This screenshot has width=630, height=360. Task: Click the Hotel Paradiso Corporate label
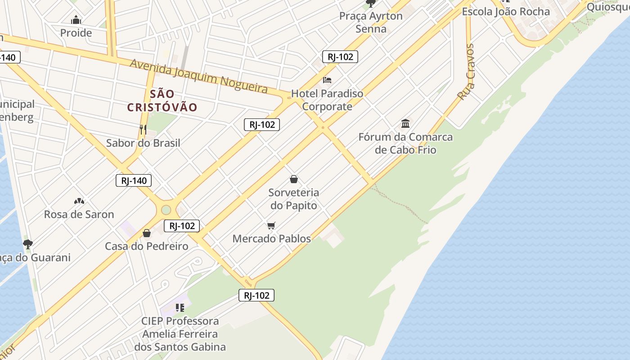pos(327,100)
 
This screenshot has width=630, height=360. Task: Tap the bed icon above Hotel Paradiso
pos(327,80)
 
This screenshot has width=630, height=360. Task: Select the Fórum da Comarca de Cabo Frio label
pos(405,143)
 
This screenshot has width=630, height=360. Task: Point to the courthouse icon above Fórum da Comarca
pos(405,123)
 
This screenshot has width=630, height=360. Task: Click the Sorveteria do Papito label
pos(293,199)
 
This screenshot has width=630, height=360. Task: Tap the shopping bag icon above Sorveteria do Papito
pos(294,179)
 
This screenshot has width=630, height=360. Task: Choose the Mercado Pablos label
pos(271,238)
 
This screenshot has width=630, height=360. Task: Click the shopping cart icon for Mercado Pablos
pos(271,225)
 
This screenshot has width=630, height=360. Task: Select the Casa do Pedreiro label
pos(147,246)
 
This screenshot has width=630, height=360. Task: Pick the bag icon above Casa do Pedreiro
pos(147,233)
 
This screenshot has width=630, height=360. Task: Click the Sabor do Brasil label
pos(143,143)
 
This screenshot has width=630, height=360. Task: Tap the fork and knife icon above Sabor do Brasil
pos(143,130)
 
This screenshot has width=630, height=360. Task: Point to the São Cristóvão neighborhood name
pos(162,100)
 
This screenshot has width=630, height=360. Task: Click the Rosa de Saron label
pos(79,214)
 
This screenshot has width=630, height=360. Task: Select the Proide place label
pos(76,33)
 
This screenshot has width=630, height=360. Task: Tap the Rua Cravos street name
pos(466,72)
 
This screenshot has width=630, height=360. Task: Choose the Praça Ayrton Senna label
pos(371,22)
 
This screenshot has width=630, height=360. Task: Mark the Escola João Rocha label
pos(506,11)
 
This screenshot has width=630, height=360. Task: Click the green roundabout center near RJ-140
pos(166,210)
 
